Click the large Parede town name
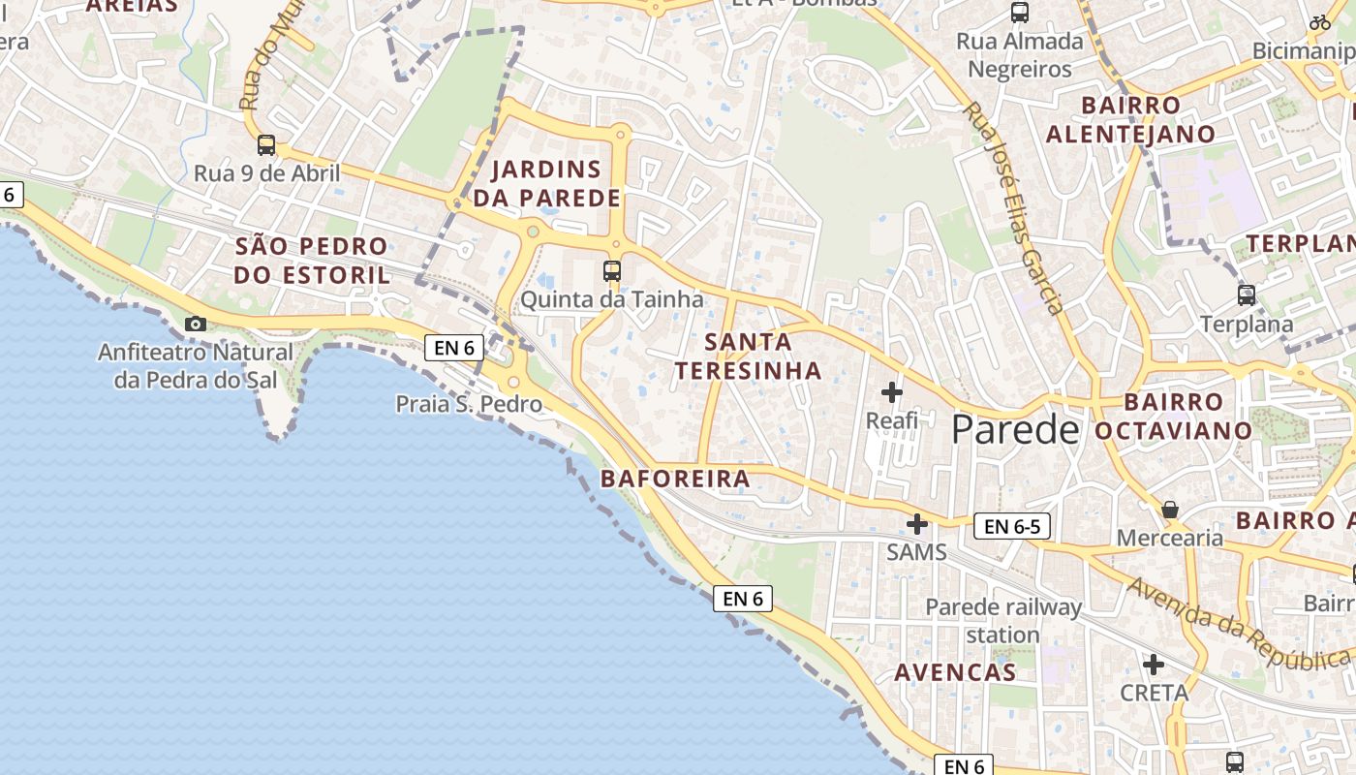(x=1015, y=429)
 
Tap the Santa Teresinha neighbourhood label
(x=748, y=356)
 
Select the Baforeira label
(x=675, y=479)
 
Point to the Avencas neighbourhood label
(x=954, y=672)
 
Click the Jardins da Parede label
(x=546, y=183)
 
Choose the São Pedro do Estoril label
(x=312, y=260)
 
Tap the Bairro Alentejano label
(x=1130, y=119)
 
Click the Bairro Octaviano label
(x=1174, y=416)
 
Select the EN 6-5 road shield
(x=1011, y=526)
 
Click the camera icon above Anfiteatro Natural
(x=195, y=324)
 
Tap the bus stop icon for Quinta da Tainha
(x=611, y=270)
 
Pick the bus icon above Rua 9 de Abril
(x=265, y=145)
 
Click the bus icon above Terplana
(x=1246, y=294)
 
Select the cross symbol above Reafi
(x=891, y=392)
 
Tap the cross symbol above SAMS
(x=916, y=524)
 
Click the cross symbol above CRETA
(x=1153, y=665)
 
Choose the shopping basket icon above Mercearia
(x=1170, y=509)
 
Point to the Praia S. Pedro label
(x=469, y=403)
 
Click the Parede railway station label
(x=1002, y=621)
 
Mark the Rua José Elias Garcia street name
(x=1013, y=207)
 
